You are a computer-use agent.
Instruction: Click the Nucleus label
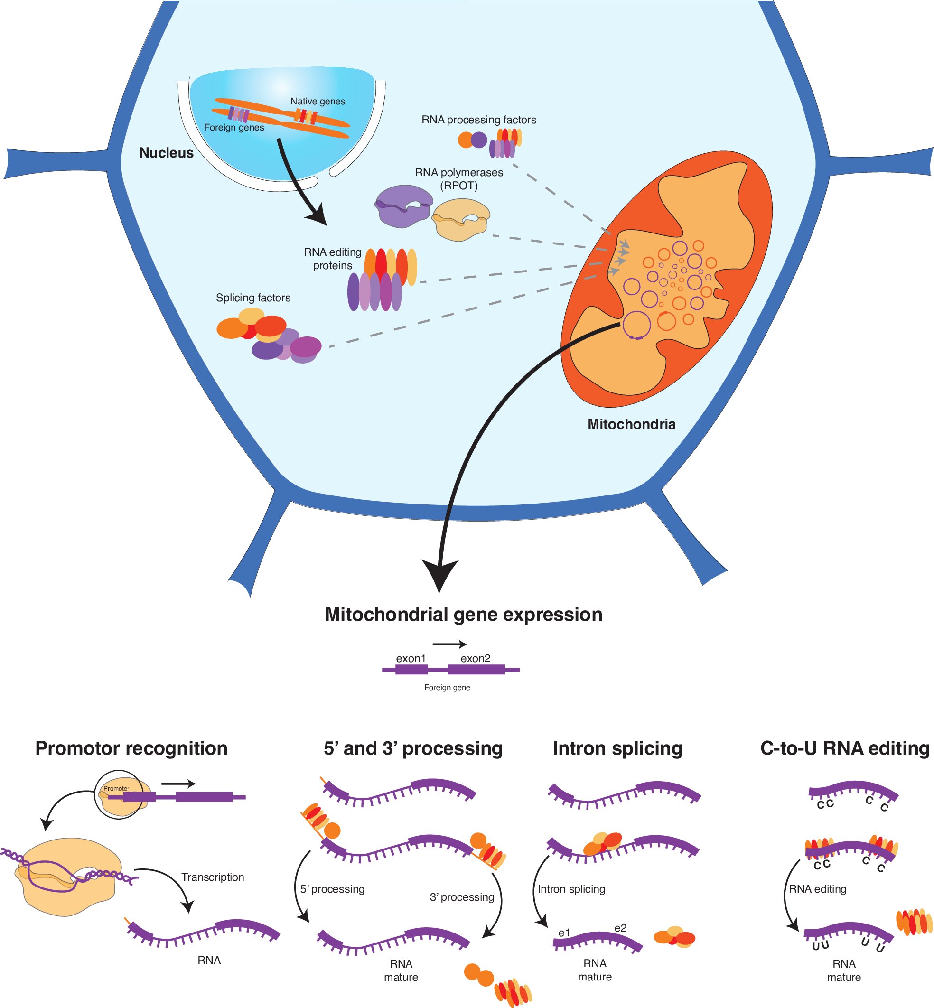coord(166,153)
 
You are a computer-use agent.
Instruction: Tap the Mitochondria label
coord(631,424)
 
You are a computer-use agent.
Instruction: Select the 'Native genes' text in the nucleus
coord(318,101)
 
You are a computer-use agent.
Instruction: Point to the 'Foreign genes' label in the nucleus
coord(234,127)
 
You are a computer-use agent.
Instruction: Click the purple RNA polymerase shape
coord(403,205)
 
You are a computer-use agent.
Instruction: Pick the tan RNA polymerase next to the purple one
coord(460,220)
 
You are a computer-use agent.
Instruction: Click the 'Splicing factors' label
coord(253,298)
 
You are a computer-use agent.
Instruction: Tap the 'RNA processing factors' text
coord(478,120)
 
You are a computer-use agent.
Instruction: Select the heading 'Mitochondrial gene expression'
coord(464,615)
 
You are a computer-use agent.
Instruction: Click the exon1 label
coord(411,658)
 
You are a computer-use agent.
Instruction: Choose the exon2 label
coord(475,658)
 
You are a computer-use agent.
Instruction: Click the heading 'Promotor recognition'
coord(131,748)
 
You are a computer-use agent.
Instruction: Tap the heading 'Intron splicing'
coord(617,748)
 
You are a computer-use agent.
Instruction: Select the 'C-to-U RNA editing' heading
coord(845,748)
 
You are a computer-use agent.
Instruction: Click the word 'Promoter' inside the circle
coord(116,788)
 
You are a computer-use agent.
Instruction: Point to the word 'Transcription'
coord(213,877)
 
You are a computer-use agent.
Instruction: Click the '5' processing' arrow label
coord(332,889)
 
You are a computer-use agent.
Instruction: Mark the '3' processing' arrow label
coord(461,897)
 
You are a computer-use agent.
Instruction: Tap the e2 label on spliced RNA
coord(620,928)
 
